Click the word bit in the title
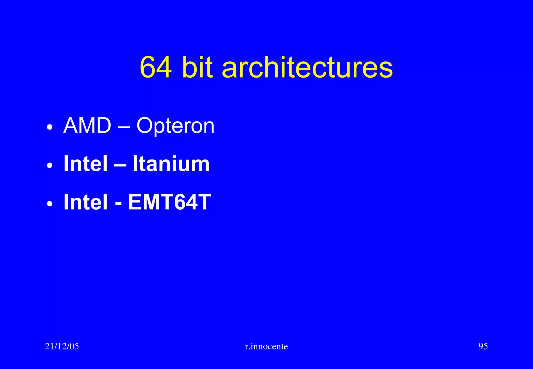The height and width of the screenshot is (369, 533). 197,67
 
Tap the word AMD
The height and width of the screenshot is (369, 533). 87,126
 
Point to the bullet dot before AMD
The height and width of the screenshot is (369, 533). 50,128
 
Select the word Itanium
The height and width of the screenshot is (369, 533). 171,164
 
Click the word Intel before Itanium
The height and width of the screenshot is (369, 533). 85,164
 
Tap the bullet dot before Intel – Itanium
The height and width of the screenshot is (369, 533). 50,166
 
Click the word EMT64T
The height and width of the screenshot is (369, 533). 169,202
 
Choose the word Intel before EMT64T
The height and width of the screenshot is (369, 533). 85,202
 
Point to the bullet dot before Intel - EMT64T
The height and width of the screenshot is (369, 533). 50,204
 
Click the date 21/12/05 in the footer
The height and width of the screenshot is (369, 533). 62,346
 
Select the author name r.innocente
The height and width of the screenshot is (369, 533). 266,346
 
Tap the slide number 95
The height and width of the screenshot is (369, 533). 483,346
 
